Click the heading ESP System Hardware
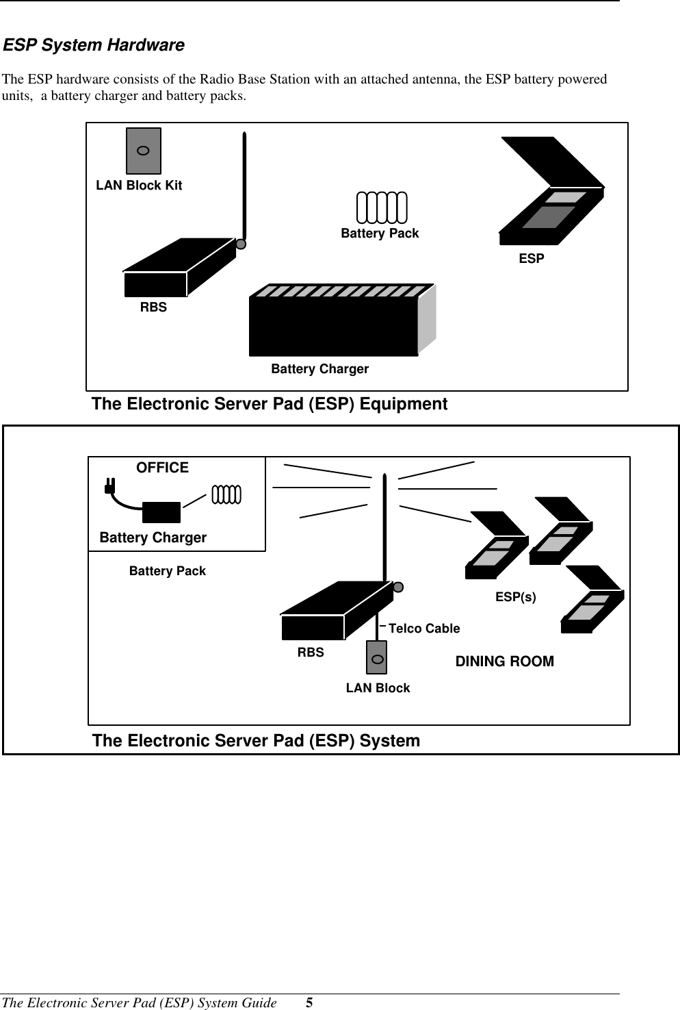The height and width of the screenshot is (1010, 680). click(94, 46)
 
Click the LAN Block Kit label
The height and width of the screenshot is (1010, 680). click(139, 186)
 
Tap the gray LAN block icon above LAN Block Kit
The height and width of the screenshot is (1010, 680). click(144, 151)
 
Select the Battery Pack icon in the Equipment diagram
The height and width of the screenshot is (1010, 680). click(382, 207)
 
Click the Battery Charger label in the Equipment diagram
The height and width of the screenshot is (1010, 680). click(319, 370)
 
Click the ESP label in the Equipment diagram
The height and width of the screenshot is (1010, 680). click(532, 259)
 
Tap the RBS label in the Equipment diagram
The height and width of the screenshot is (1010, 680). click(153, 307)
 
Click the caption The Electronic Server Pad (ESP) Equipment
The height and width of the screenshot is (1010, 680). click(270, 404)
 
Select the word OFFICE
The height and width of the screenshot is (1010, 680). click(162, 468)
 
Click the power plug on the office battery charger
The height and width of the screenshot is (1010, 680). click(108, 488)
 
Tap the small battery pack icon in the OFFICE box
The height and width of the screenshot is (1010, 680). click(226, 494)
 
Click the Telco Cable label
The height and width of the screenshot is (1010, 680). click(424, 629)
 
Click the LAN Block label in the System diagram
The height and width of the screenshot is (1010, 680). click(378, 688)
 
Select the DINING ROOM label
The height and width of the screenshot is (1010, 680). click(505, 661)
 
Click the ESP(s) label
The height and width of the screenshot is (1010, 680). click(516, 597)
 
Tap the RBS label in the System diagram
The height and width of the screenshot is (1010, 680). click(311, 653)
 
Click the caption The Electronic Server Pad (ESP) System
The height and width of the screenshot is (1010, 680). click(256, 741)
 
